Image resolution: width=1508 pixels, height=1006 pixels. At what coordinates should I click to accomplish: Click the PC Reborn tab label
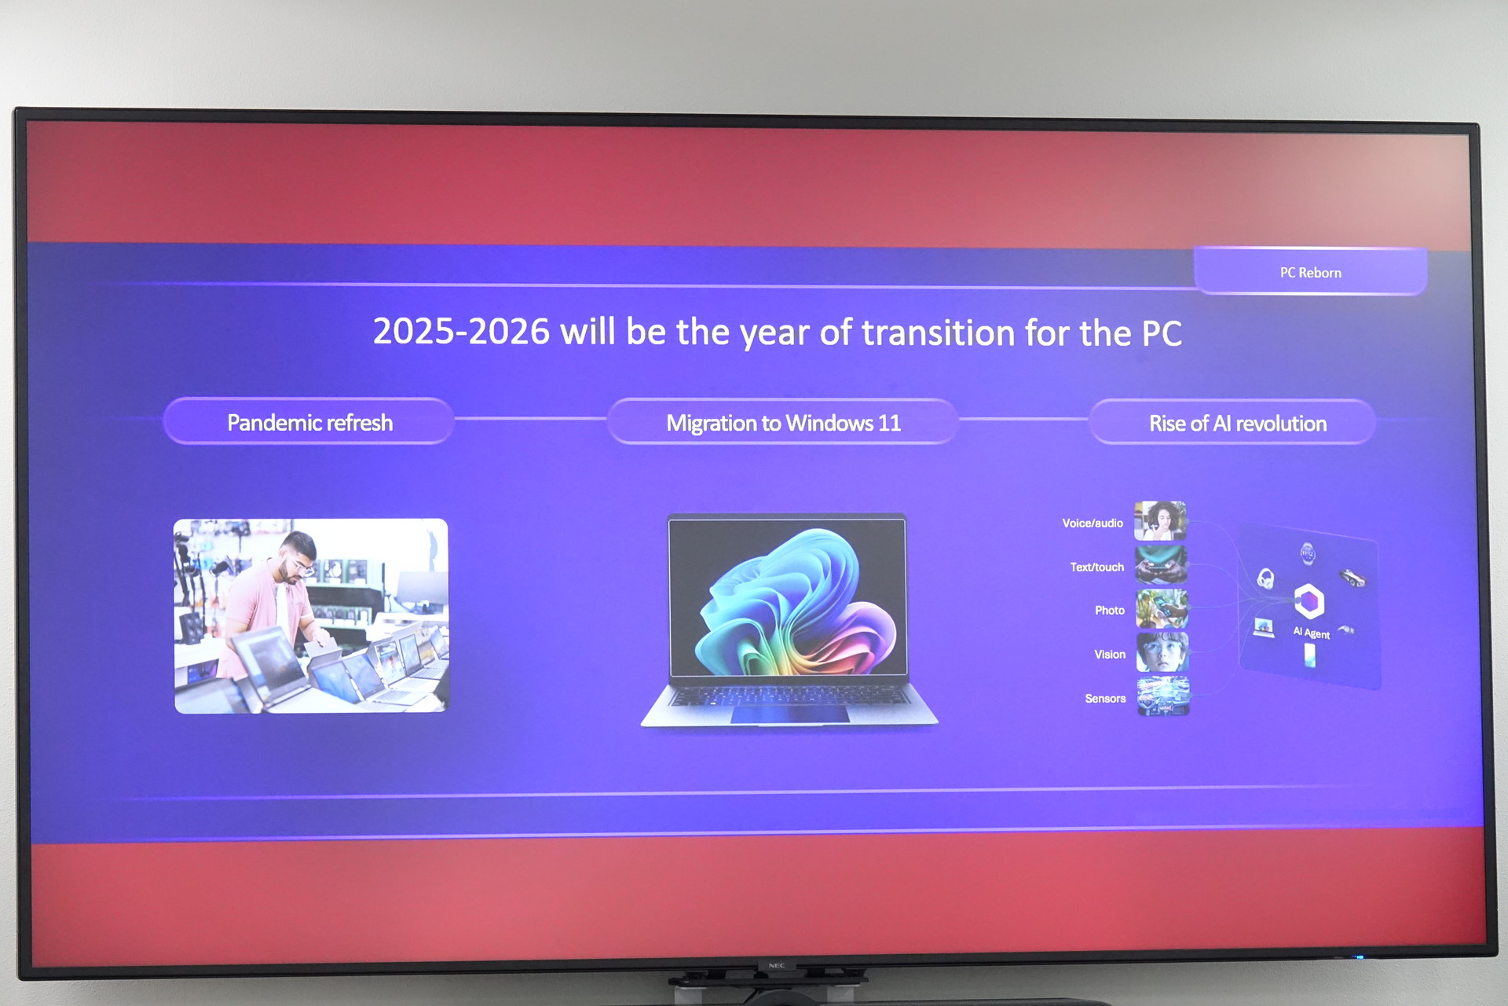click(1310, 272)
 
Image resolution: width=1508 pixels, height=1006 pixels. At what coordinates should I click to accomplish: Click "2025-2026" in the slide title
click(461, 331)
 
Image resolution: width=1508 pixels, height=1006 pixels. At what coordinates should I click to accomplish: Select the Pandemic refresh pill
click(309, 422)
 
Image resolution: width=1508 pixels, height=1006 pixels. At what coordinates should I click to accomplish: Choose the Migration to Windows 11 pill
click(783, 423)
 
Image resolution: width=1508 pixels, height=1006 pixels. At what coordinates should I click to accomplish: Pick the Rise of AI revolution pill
click(1233, 423)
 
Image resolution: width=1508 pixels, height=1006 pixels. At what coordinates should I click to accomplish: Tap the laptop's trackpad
click(790, 714)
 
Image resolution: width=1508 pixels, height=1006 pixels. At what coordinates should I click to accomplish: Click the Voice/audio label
click(1093, 523)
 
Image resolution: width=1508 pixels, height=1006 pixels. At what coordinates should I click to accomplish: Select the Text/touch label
click(1096, 567)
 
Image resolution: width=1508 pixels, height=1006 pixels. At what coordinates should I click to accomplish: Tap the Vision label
click(1110, 654)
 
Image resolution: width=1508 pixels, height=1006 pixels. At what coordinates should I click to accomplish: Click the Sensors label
click(1105, 698)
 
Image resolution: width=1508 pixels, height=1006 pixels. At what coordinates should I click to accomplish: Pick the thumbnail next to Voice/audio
click(1160, 520)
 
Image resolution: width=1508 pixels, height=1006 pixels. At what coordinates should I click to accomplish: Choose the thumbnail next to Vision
click(1162, 652)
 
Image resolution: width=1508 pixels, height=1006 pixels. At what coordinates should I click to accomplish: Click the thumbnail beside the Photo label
click(1162, 608)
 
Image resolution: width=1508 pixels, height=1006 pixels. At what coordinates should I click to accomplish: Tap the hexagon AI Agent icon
click(1309, 601)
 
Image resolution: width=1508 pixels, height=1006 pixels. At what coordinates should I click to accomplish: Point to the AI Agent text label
click(1312, 633)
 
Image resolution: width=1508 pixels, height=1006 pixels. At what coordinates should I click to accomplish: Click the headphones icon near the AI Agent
click(1265, 579)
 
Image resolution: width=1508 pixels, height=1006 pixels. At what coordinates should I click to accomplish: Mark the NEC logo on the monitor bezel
click(776, 965)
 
